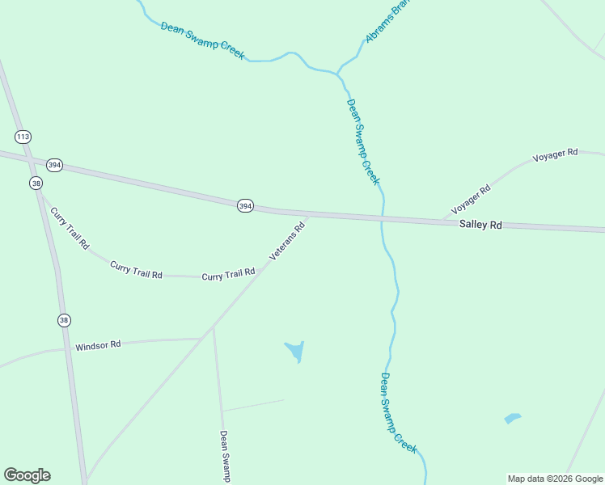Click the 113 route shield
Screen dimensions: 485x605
point(23,137)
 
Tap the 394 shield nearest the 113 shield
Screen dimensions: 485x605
point(54,165)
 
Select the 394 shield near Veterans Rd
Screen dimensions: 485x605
point(246,206)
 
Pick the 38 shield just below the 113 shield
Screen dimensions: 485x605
point(36,183)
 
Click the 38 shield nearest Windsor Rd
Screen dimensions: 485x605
point(64,320)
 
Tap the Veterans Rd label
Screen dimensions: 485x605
point(287,241)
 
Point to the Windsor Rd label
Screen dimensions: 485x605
point(98,345)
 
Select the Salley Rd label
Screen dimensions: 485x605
point(480,224)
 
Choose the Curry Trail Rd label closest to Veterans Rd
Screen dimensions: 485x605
point(229,275)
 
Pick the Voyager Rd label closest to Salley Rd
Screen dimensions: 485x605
point(471,198)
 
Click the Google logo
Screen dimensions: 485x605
point(27,475)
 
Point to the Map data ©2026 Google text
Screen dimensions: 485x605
point(555,479)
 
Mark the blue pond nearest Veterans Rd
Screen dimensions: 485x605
point(295,351)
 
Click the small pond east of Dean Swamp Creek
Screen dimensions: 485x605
point(512,418)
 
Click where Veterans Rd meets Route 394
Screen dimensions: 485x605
point(308,215)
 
